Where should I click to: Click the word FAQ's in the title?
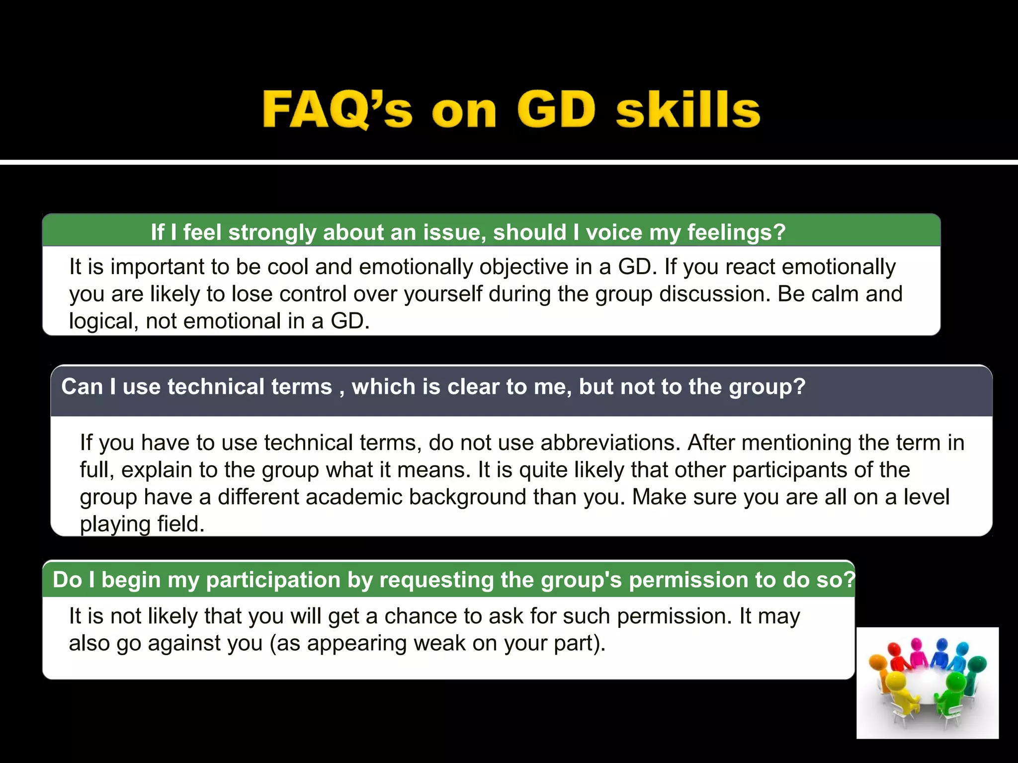tap(337, 110)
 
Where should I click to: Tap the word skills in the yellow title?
tap(688, 110)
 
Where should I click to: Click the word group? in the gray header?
tap(767, 387)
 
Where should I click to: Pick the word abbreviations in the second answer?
tap(610, 443)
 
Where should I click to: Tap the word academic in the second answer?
tap(354, 497)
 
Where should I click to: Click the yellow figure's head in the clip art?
tap(896, 681)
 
